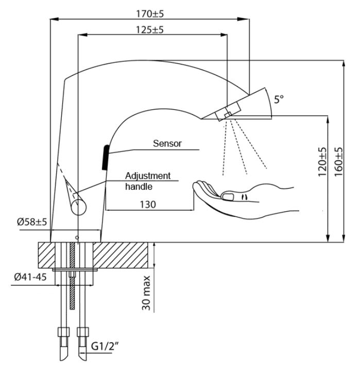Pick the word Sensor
coord(167,144)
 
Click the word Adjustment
coord(148,175)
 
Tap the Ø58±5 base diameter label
coord(32,222)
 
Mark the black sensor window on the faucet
coord(105,157)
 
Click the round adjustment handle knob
coord(78,208)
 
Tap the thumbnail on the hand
coord(228,195)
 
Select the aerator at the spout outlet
coord(228,111)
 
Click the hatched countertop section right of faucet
coord(124,255)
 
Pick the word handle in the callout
coord(135,187)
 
